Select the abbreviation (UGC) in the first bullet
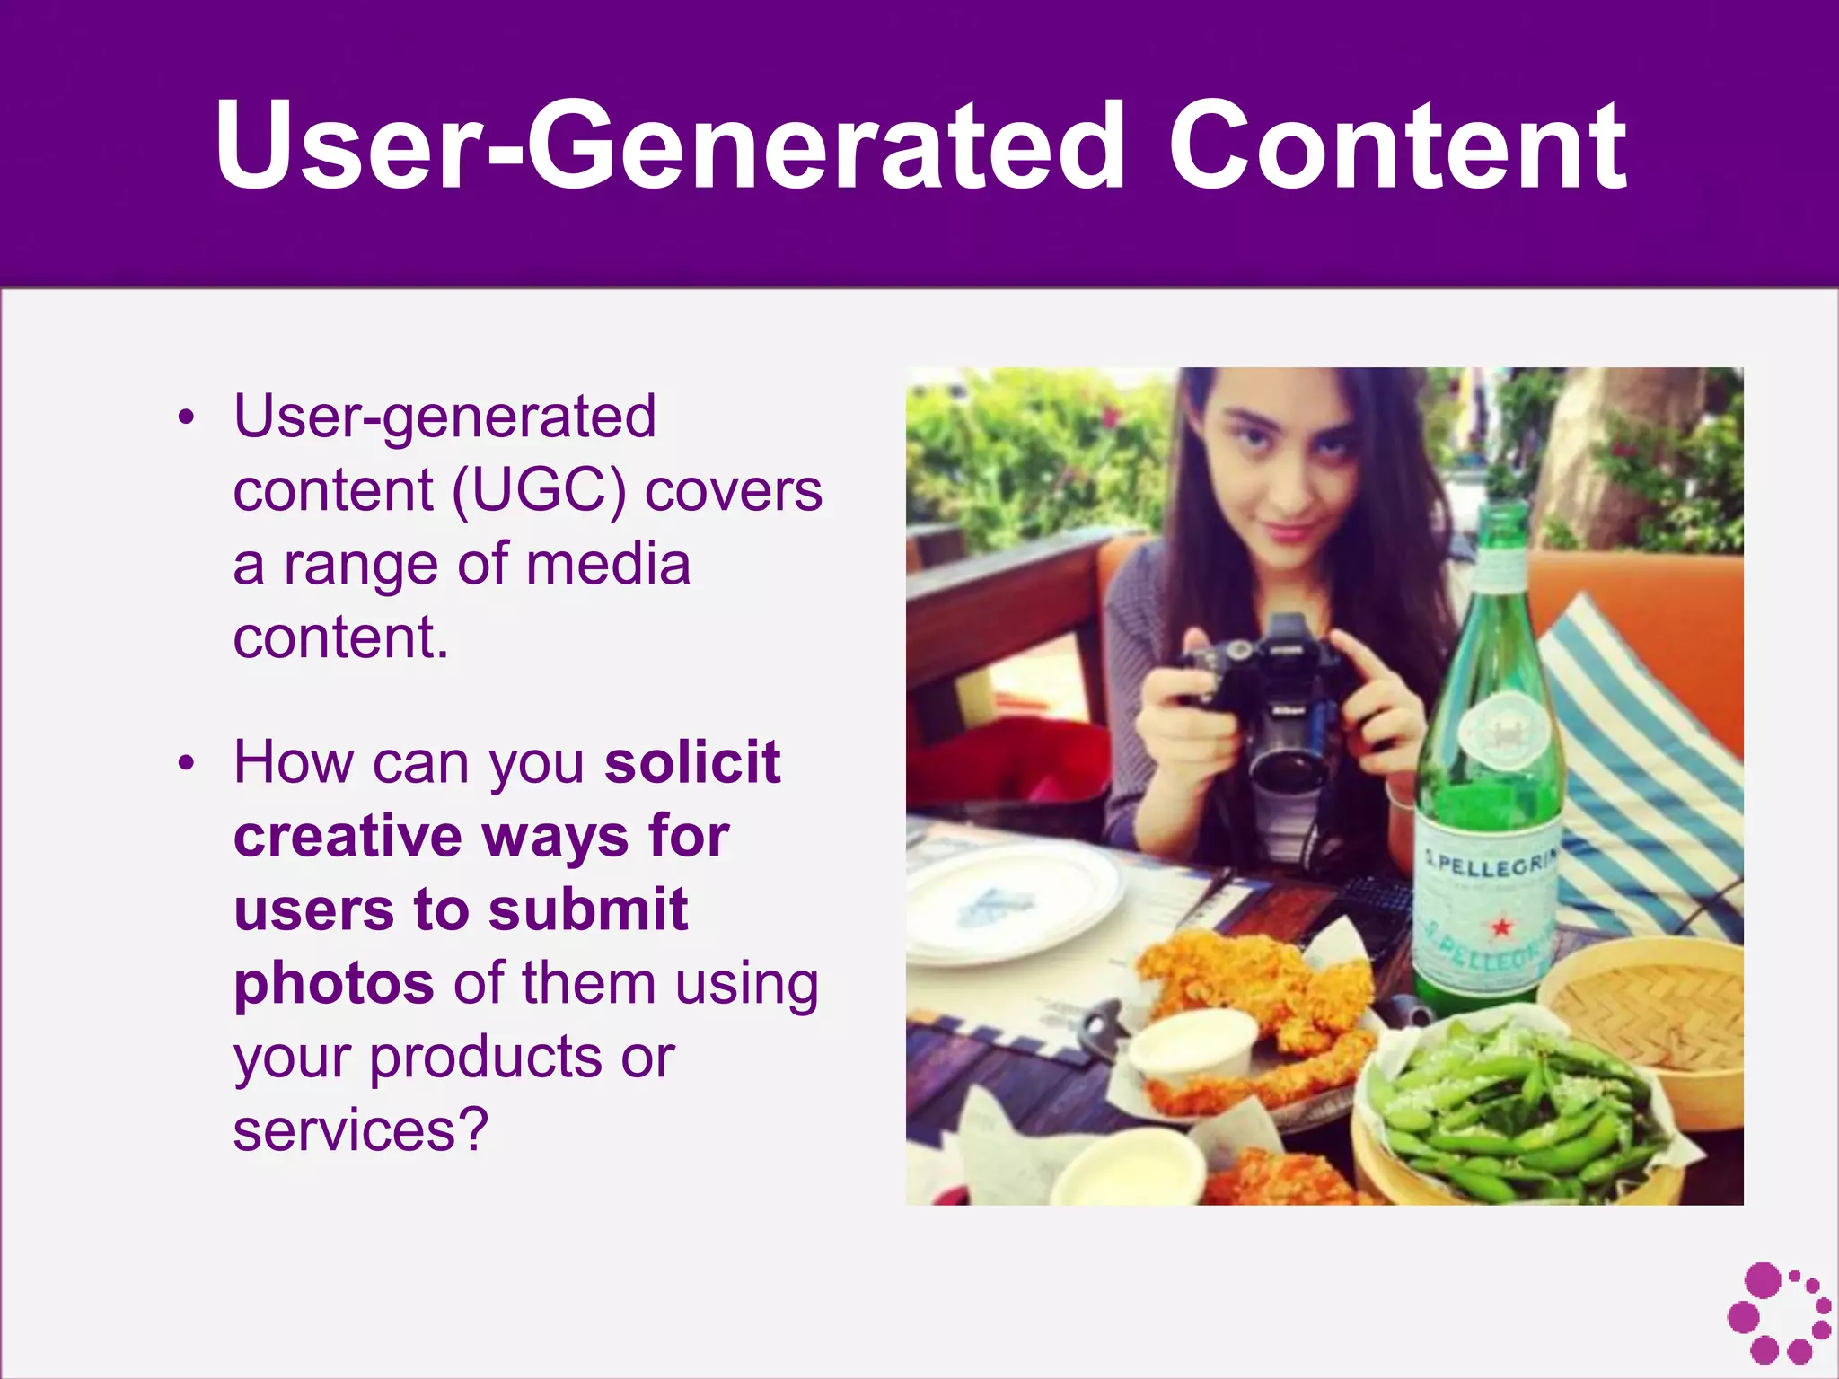[x=539, y=491]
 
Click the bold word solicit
[x=692, y=762]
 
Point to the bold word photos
[x=334, y=984]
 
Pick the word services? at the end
[x=361, y=1130]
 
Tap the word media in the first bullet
[x=608, y=565]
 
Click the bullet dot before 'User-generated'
[x=186, y=417]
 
